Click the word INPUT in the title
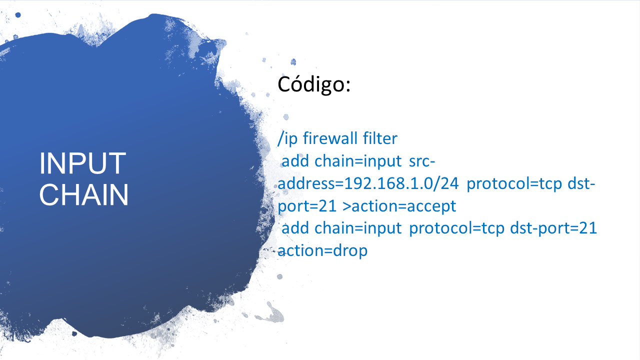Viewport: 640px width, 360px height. [82, 163]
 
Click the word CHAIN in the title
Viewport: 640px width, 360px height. [83, 194]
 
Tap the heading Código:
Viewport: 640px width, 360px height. [314, 84]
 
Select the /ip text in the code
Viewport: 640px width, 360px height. [287, 138]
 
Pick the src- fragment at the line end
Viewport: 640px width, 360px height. [422, 161]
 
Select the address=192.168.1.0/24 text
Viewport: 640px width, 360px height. [368, 183]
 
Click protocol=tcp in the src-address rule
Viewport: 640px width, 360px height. [514, 184]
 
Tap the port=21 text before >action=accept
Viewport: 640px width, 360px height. [307, 206]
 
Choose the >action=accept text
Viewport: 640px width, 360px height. [399, 206]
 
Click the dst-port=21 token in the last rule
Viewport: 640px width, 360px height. [553, 228]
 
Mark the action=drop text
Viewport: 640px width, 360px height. [322, 251]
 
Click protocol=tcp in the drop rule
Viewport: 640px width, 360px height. [457, 228]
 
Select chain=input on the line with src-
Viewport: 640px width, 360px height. [358, 161]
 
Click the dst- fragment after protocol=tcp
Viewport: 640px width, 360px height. [581, 183]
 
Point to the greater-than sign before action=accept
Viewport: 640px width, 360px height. [346, 206]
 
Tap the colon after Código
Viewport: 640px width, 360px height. [348, 85]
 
